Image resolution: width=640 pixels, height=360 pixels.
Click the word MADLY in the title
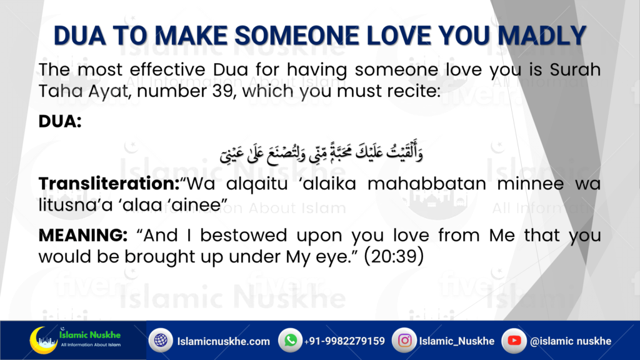[542, 36]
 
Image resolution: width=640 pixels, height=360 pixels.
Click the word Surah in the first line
[575, 69]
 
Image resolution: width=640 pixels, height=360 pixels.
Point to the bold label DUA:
[60, 121]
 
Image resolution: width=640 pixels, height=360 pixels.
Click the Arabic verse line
[321, 152]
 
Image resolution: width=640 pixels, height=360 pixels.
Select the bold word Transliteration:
[109, 184]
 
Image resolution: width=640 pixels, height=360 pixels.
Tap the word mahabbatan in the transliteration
[426, 184]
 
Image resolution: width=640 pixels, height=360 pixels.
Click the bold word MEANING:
[83, 236]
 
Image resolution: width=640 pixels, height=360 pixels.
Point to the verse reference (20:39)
[394, 257]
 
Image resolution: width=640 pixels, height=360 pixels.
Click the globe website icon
[161, 340]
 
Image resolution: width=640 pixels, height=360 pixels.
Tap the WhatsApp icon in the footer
[290, 340]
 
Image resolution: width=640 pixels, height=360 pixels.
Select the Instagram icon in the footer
[404, 341]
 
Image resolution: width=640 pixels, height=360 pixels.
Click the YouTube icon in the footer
[514, 341]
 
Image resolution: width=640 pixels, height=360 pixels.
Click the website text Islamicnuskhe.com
[223, 341]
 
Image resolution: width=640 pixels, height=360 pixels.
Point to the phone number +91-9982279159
[344, 341]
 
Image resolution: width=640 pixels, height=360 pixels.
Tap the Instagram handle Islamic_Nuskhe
[457, 341]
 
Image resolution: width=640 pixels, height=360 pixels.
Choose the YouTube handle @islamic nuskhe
[571, 341]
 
